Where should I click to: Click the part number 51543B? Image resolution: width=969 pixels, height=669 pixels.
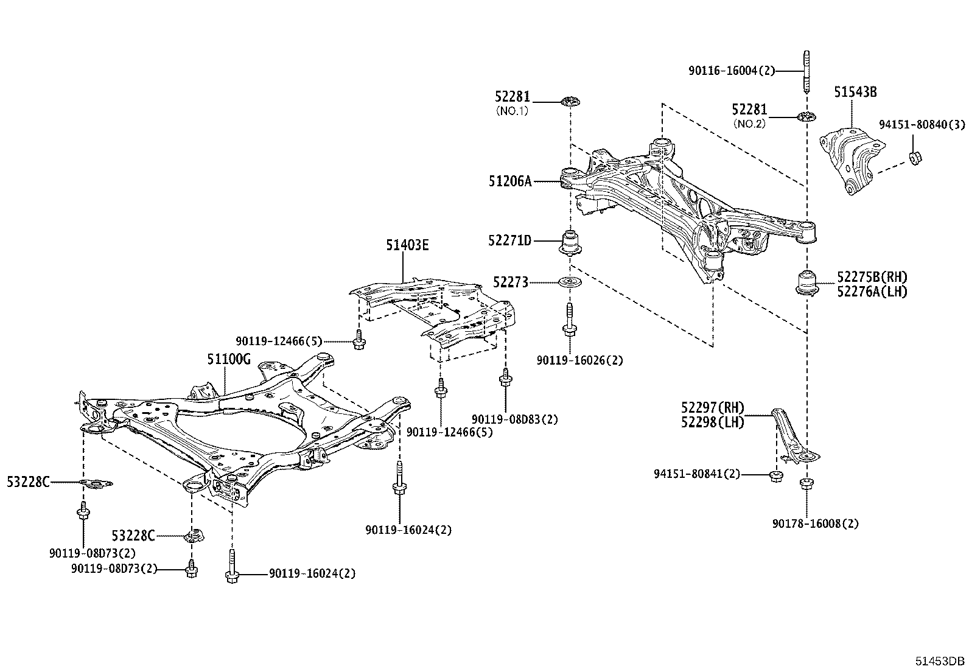(x=855, y=92)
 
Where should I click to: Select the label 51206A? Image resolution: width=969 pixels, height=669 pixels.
(x=510, y=181)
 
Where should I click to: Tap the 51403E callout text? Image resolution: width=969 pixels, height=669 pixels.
(x=407, y=245)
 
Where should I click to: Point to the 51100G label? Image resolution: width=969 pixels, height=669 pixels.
(x=229, y=359)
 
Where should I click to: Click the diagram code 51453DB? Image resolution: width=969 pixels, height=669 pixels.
(x=942, y=661)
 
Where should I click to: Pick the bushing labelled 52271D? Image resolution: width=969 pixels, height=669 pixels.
(x=570, y=241)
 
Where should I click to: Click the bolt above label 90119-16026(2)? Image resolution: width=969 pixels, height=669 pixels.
(x=570, y=321)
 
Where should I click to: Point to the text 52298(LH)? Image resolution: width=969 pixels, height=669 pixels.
(x=713, y=422)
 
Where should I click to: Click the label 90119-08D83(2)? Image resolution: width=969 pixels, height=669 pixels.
(x=514, y=419)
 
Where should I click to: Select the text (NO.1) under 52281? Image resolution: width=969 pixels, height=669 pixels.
(x=512, y=111)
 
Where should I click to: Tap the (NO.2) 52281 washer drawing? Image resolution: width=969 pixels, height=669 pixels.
(x=806, y=116)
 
